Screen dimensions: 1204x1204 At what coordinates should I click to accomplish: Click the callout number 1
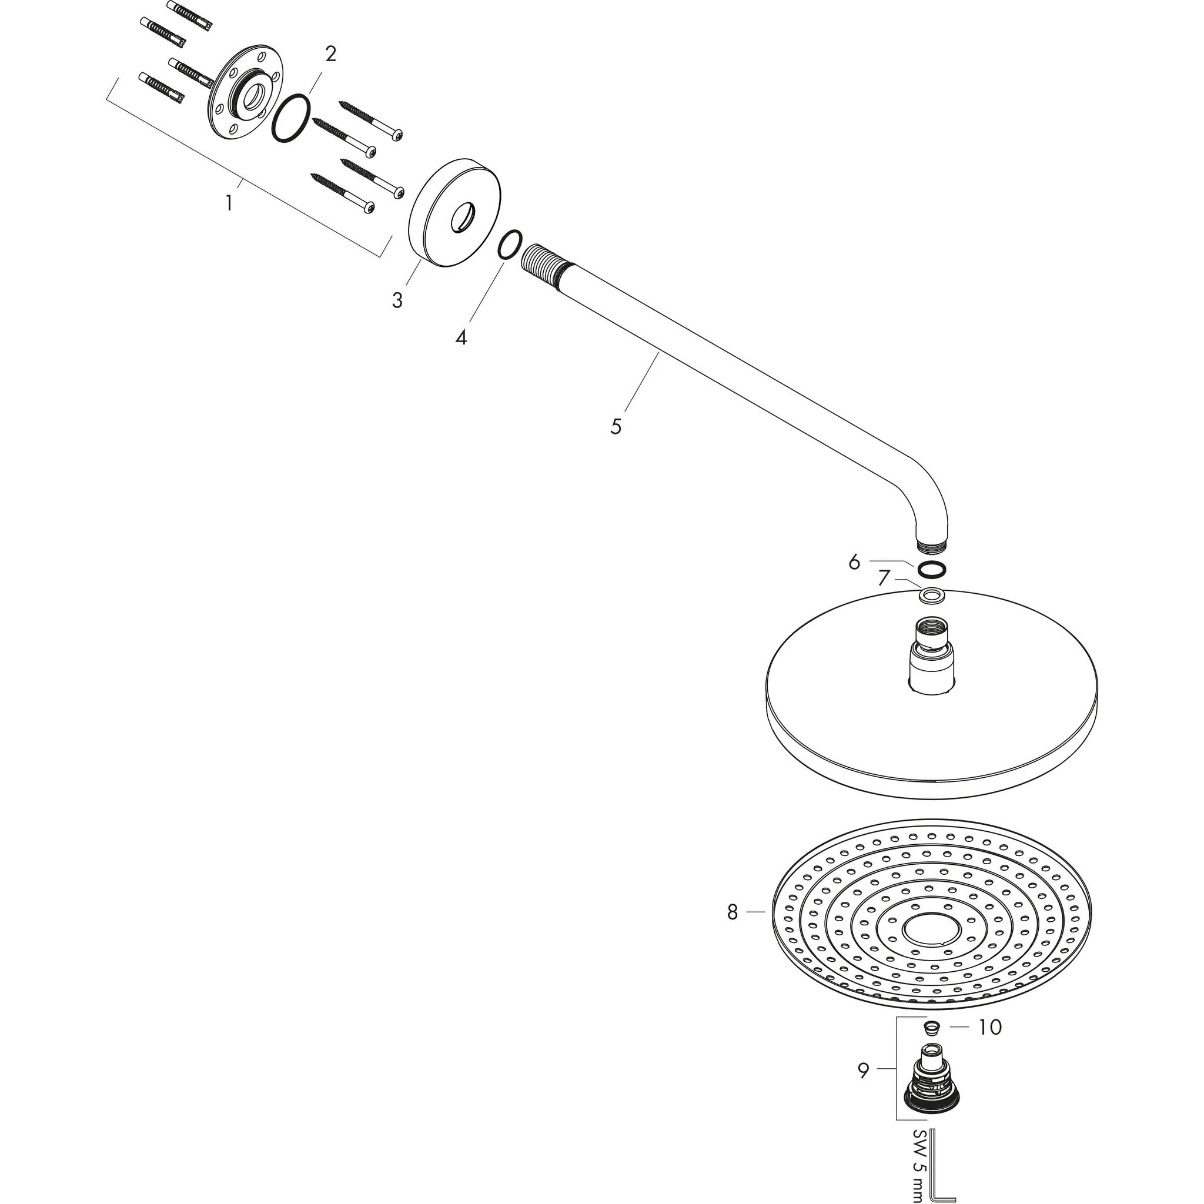[x=229, y=203]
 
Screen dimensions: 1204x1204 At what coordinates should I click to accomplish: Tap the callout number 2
[x=330, y=54]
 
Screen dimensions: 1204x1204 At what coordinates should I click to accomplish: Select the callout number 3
[x=397, y=300]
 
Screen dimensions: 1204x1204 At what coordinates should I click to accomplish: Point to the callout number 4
[x=460, y=338]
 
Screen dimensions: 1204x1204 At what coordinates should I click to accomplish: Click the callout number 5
[x=616, y=426]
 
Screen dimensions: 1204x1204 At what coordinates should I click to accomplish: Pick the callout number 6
[x=854, y=562]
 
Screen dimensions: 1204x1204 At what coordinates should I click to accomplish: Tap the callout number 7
[x=883, y=578]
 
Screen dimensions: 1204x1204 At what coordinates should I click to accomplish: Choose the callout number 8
[x=733, y=912]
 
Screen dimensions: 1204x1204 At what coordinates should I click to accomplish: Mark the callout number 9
[x=863, y=1071]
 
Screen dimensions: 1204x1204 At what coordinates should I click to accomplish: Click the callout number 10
[x=989, y=1027]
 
